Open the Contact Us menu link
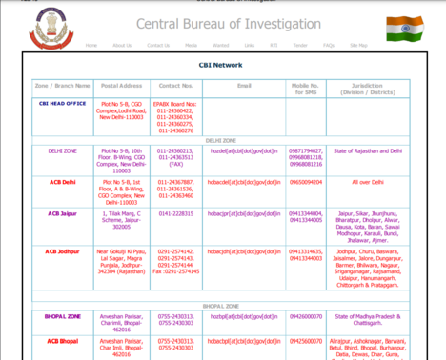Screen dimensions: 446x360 157,46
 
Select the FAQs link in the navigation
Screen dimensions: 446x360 329,46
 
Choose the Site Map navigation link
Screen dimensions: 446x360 357,46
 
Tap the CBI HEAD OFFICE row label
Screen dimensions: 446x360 63,103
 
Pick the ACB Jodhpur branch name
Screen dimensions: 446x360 63,250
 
